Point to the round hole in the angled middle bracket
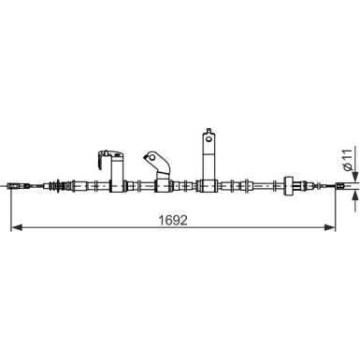[x=151, y=154]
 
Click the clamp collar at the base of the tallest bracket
[x=208, y=184]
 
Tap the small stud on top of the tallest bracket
[x=208, y=126]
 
